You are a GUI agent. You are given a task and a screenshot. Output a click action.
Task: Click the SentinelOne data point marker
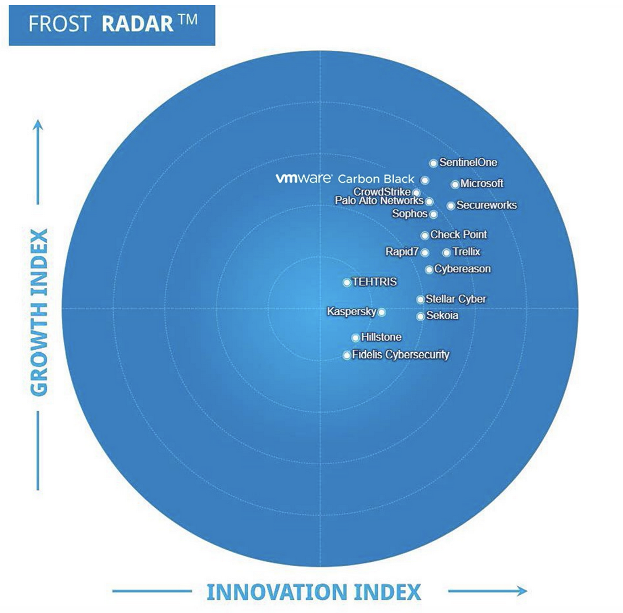(434, 164)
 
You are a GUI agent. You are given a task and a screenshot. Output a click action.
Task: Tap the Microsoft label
(482, 183)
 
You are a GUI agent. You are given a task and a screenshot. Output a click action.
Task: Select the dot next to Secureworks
(451, 206)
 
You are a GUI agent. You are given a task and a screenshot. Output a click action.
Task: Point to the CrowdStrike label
(382, 191)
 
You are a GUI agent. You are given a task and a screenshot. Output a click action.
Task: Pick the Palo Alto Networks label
(379, 201)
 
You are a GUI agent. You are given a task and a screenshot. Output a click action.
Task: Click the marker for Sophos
(434, 214)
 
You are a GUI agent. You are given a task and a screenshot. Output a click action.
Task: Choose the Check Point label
(459, 235)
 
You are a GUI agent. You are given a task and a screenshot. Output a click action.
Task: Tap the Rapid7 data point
(424, 252)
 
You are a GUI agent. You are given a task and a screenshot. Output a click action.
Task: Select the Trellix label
(466, 252)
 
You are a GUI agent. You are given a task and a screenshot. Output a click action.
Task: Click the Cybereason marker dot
(429, 269)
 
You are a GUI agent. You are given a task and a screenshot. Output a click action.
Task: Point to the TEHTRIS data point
(347, 282)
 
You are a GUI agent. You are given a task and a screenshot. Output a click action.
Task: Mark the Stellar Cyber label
(456, 299)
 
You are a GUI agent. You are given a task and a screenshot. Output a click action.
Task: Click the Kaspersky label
(351, 312)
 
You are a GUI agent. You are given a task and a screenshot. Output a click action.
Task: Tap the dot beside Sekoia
(420, 316)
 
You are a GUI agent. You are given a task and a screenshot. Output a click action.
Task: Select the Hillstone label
(381, 337)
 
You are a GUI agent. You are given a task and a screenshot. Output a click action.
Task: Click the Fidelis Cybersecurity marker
(347, 355)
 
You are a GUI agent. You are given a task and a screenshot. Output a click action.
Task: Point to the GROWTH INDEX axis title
(39, 312)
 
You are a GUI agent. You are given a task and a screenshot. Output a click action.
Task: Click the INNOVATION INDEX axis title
(313, 591)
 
